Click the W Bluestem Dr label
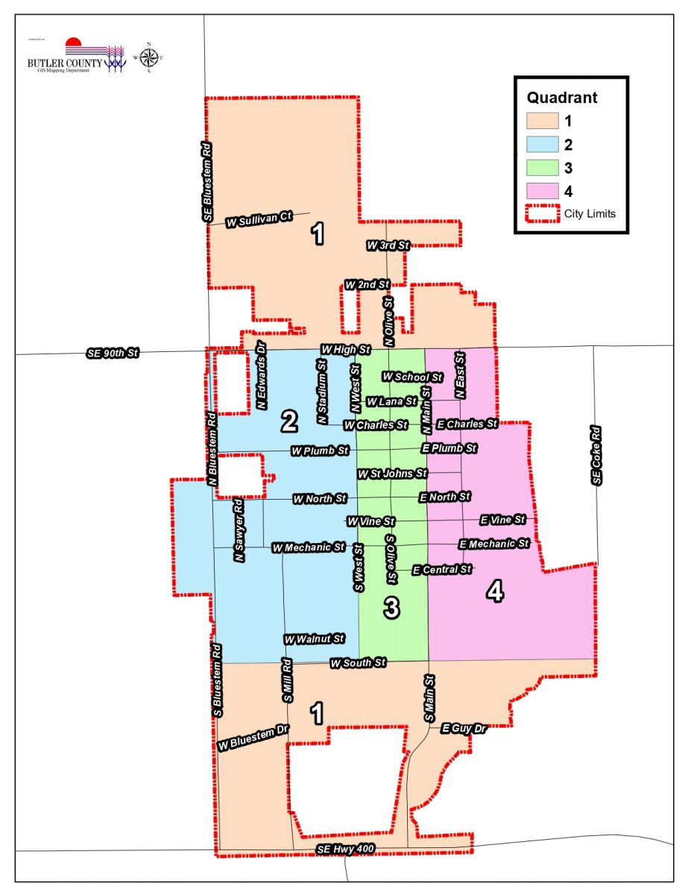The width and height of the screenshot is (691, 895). (x=253, y=737)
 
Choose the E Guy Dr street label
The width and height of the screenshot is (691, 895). (x=464, y=727)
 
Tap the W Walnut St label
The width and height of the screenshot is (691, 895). (x=314, y=639)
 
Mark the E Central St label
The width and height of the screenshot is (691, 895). (x=442, y=570)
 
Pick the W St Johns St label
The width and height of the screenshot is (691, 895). (x=392, y=474)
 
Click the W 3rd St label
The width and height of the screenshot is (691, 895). (x=388, y=245)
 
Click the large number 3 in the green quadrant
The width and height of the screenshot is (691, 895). (x=391, y=609)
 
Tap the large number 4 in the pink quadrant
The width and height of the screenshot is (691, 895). (x=495, y=592)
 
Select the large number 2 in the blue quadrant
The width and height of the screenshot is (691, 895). (x=288, y=423)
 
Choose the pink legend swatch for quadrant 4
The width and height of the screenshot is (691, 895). (x=546, y=190)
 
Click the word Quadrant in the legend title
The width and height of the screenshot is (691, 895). (x=562, y=98)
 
